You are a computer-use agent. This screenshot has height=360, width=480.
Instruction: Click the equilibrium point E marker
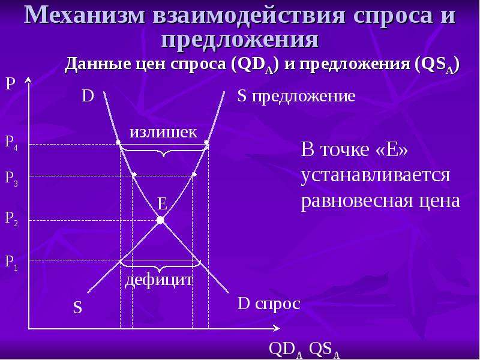[x=160, y=220]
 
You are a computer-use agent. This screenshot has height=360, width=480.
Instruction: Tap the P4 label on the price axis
[x=11, y=143]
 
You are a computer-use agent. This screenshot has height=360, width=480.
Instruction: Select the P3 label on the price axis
[x=11, y=178]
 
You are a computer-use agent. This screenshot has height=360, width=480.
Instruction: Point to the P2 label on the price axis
[x=11, y=219]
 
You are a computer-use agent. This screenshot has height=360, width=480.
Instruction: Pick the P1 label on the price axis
[x=11, y=263]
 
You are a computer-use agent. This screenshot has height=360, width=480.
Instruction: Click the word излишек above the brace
[x=163, y=133]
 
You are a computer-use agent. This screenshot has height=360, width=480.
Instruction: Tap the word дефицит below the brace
[x=159, y=280]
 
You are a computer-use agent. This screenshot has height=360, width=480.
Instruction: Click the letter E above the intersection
[x=162, y=203]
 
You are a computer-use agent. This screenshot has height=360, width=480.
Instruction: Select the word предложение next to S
[x=304, y=97]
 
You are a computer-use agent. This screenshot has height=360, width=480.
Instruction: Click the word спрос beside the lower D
[x=277, y=305]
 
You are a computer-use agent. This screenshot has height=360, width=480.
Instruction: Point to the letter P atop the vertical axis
[x=10, y=83]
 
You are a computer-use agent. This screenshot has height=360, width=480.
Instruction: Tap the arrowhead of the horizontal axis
[x=277, y=328]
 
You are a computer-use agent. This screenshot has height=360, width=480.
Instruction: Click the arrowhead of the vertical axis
[x=28, y=80]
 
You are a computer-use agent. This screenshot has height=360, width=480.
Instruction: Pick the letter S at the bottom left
[x=78, y=308]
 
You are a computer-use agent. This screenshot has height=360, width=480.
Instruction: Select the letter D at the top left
[x=88, y=96]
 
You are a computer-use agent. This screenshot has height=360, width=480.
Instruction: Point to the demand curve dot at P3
[x=134, y=175]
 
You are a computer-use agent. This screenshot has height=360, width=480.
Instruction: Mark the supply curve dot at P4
[x=206, y=143]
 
